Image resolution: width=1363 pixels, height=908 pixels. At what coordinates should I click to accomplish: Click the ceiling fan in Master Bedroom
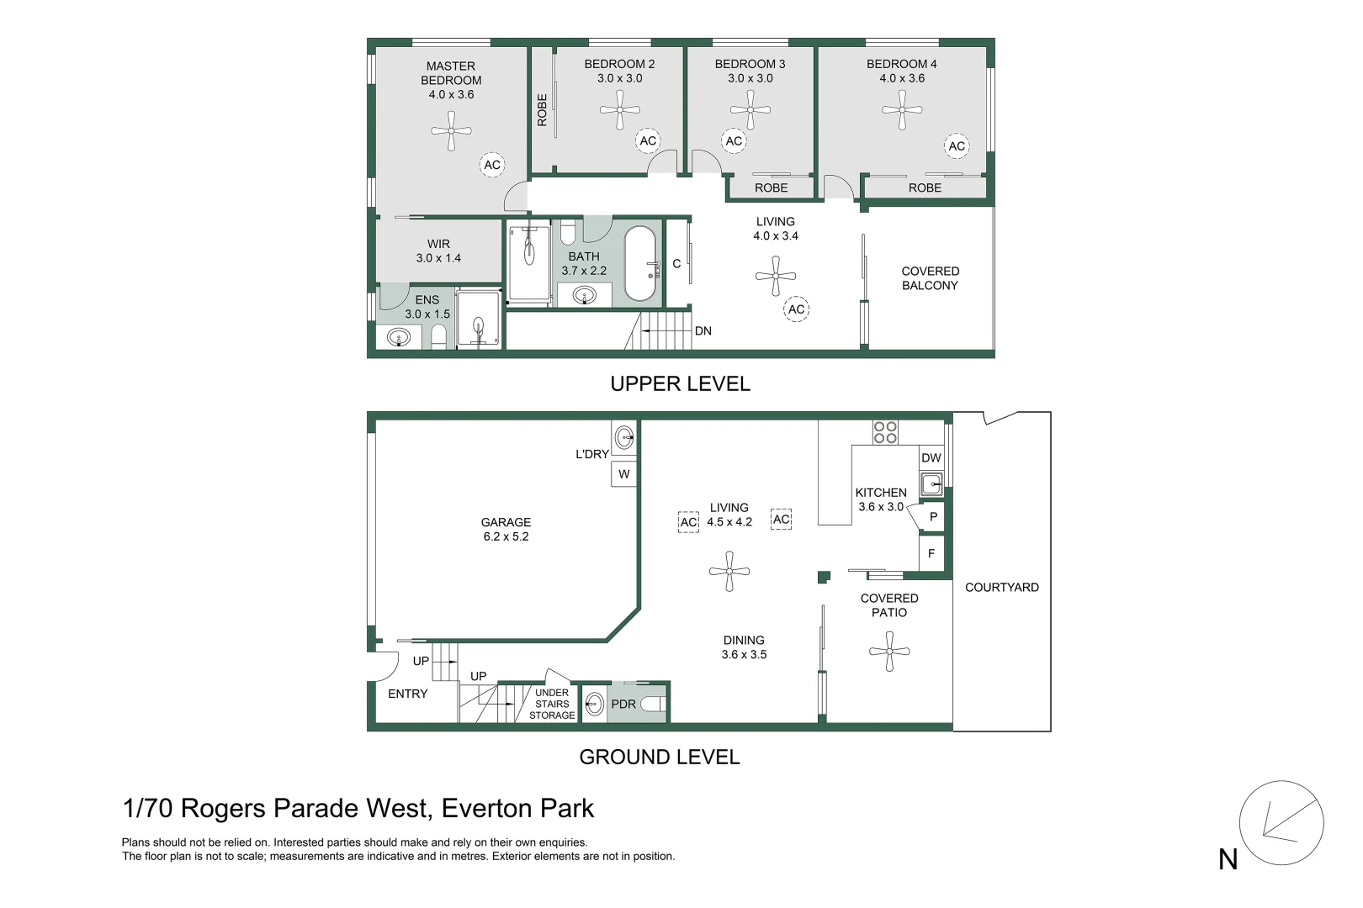coord(451,130)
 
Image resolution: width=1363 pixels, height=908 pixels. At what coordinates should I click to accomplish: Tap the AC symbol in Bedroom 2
coord(647,140)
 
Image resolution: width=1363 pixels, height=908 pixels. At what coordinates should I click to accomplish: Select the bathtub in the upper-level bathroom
coord(639,263)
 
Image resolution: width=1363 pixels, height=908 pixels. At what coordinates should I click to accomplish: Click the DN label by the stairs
coord(703,331)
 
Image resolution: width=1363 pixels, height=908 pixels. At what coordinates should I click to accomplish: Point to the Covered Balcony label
coord(930,278)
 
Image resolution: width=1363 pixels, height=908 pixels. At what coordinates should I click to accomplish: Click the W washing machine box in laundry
coord(623,474)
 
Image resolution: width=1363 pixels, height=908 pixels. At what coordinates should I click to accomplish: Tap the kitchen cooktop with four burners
coord(885,432)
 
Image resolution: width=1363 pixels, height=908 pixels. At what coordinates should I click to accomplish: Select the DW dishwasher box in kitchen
coord(931,458)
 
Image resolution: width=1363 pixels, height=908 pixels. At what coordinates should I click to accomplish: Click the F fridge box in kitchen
coord(931,554)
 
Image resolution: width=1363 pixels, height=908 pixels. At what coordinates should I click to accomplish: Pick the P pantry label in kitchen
coord(933,517)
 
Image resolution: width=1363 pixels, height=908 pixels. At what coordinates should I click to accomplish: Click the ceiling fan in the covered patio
coord(889,652)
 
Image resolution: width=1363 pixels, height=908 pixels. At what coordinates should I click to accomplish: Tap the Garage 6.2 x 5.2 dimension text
coord(506,536)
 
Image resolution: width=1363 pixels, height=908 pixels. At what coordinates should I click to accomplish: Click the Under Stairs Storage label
coord(552,705)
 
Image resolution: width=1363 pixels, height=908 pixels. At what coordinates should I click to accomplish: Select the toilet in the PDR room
coord(653,704)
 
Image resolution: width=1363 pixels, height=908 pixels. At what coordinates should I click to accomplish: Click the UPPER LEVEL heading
coord(680,384)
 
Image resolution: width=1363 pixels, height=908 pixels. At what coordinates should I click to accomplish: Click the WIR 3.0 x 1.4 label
coord(438,251)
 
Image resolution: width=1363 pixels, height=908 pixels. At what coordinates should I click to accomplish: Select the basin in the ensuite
coord(398,337)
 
